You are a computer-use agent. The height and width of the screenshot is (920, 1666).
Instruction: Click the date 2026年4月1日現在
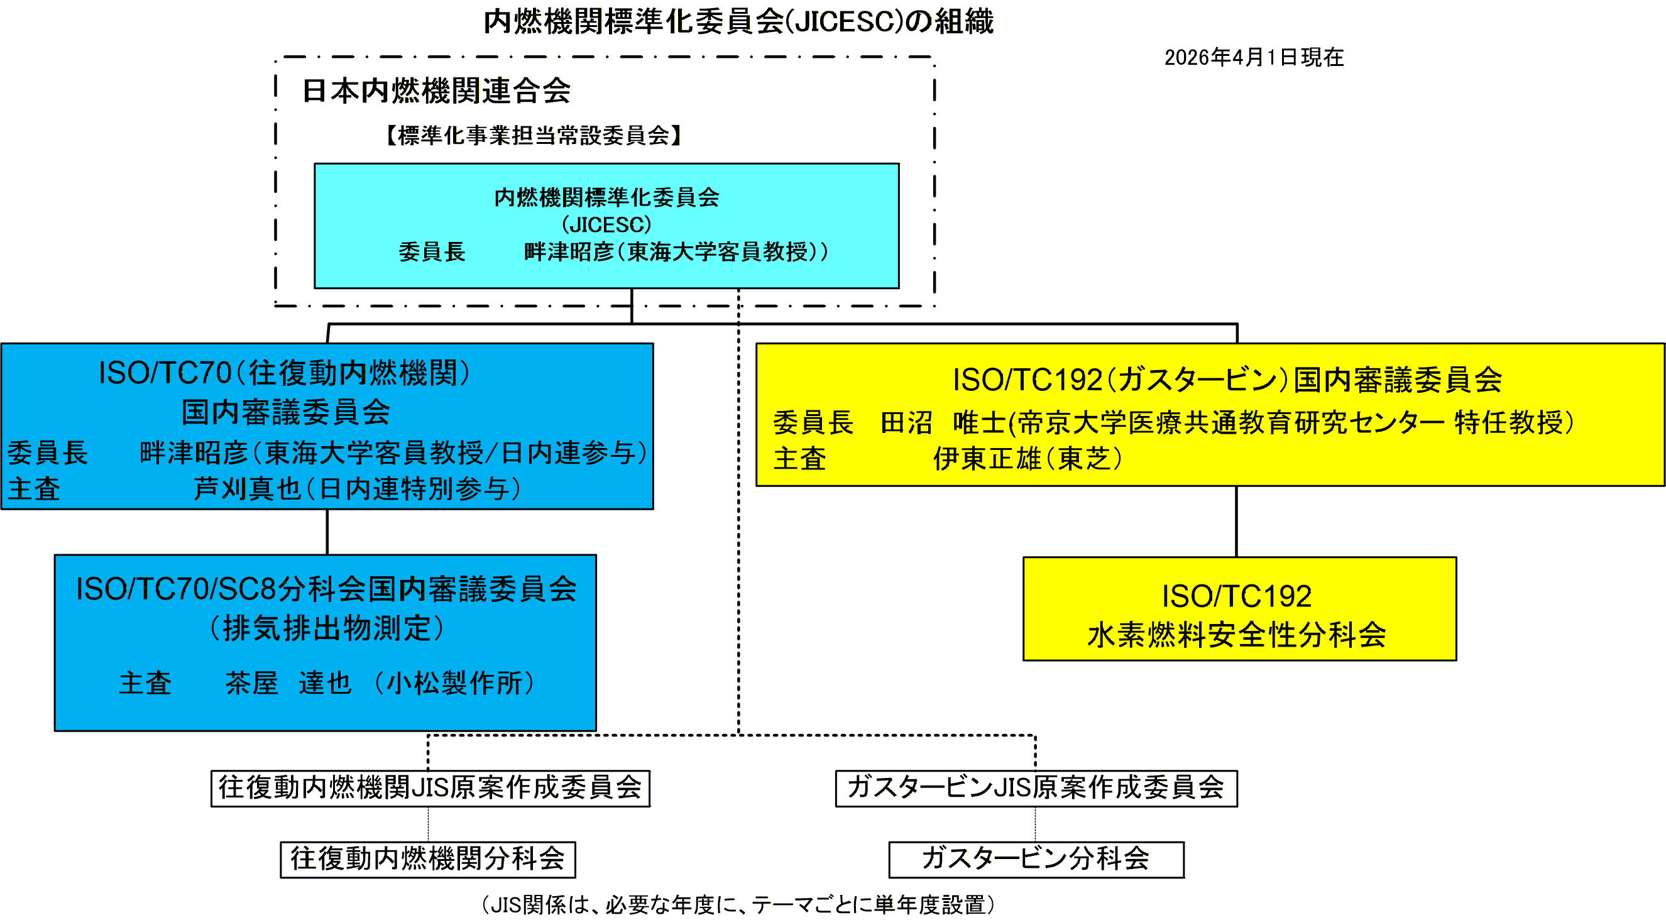(1253, 58)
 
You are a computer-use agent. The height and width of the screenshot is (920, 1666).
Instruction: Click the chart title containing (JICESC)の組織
(738, 22)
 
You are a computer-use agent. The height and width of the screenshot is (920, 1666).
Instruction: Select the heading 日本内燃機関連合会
(436, 90)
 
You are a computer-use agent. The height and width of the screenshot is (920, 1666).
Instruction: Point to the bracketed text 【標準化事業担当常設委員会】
(533, 136)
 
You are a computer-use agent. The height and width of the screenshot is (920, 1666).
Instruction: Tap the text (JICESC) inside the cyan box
(606, 224)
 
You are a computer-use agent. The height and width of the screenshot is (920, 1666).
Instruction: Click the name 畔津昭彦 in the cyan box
(568, 251)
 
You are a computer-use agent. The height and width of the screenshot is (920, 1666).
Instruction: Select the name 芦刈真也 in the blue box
(247, 488)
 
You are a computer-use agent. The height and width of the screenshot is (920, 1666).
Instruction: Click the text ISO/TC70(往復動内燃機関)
(284, 373)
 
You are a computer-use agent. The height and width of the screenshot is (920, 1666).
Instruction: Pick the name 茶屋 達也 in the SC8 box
(288, 682)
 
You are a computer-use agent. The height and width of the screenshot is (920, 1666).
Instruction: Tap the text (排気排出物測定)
(327, 628)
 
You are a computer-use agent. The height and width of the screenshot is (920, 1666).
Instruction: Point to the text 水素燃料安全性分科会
(1237, 634)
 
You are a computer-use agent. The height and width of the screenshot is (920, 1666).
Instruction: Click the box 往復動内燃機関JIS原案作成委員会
(430, 787)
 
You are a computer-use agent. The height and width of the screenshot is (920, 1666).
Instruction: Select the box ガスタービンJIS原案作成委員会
(1036, 787)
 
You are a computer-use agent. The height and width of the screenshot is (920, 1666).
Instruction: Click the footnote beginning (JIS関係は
(738, 904)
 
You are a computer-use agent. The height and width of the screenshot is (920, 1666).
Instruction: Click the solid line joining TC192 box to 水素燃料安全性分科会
(1237, 521)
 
